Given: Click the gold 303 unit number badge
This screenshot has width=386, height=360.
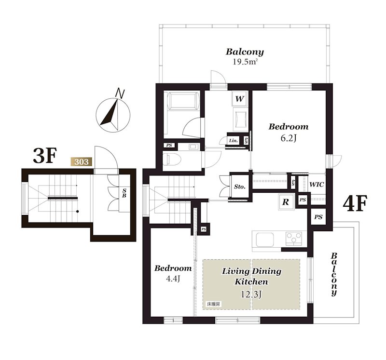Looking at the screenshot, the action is [x=81, y=162].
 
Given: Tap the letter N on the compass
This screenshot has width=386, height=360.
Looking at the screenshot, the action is [x=120, y=93].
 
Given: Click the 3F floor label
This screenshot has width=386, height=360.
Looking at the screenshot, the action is [x=45, y=156].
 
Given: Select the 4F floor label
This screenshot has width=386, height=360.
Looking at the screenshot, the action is [x=355, y=203].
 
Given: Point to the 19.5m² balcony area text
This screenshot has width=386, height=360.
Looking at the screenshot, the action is [x=245, y=62].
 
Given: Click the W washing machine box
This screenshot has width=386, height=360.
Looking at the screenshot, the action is [x=239, y=99].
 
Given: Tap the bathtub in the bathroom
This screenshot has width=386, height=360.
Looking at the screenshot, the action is [x=182, y=100].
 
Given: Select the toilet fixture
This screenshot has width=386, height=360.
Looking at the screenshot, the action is [x=172, y=159].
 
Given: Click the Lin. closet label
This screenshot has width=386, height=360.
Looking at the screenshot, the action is [x=234, y=141].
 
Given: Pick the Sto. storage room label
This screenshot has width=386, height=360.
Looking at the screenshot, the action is [x=239, y=187].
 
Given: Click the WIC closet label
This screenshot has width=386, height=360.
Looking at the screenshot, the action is [x=317, y=185].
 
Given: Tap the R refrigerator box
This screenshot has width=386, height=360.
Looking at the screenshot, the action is [x=286, y=202].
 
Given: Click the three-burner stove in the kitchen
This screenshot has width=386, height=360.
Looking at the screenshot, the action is [x=294, y=238].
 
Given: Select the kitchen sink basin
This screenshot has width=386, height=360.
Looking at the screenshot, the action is [x=265, y=240].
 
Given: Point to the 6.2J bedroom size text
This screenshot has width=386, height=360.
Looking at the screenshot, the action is [x=288, y=138].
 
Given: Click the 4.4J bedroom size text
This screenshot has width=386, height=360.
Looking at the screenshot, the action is [x=174, y=279].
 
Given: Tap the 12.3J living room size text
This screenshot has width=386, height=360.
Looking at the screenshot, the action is [x=251, y=294].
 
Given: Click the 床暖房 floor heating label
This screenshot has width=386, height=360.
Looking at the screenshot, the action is [x=213, y=304].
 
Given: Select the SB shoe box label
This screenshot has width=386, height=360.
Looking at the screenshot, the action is [x=124, y=193].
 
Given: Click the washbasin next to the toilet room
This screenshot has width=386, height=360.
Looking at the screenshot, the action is [x=192, y=147].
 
